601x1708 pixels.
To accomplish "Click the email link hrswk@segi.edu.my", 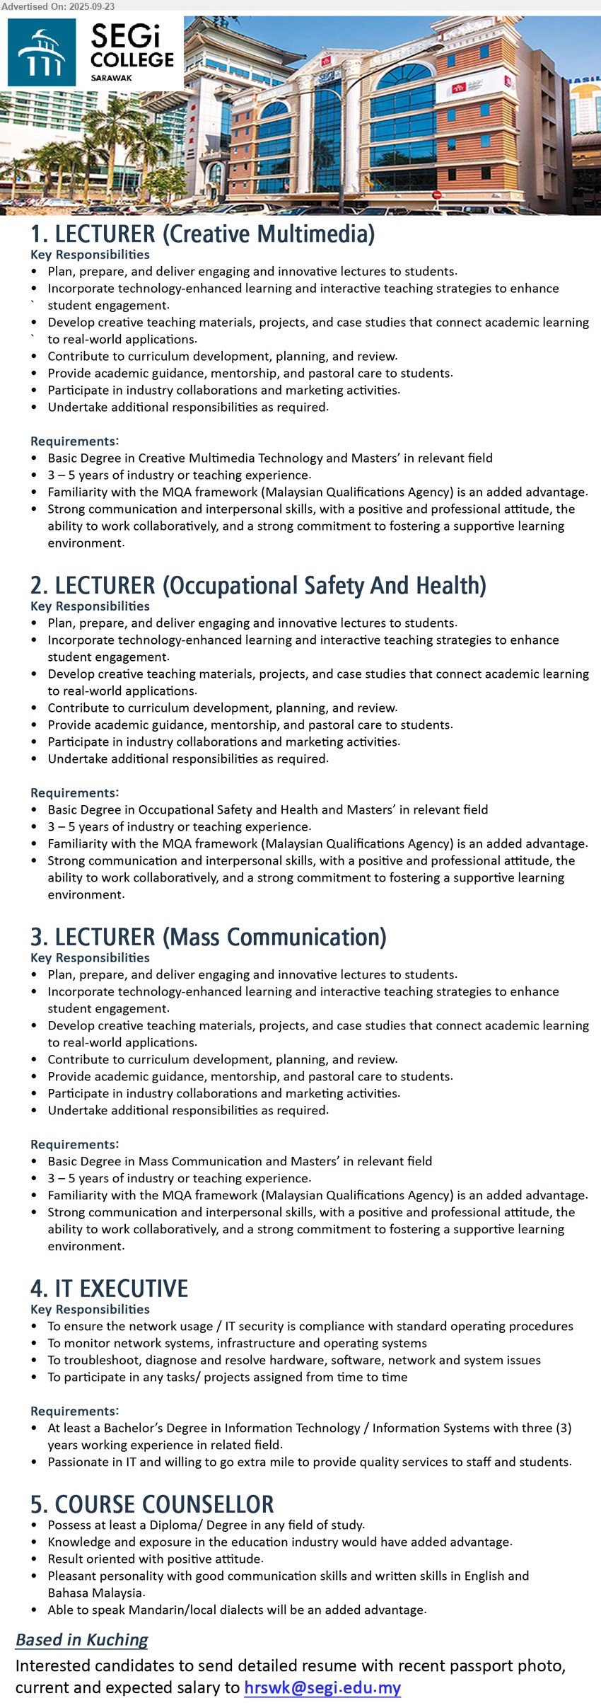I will click(322, 1687).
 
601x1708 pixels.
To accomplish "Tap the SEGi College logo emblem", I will click(42, 52).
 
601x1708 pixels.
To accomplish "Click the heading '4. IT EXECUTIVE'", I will click(109, 1288).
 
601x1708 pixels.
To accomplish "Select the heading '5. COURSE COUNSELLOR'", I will click(152, 1504).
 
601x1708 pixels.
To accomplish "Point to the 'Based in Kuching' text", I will click(82, 1639).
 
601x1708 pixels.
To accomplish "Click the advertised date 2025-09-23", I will click(90, 6).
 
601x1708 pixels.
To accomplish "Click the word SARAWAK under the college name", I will click(111, 78).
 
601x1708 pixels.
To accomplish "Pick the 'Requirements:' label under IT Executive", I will click(74, 1411).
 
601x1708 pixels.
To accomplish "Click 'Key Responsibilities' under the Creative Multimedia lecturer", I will click(90, 255).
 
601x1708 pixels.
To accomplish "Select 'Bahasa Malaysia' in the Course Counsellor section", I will click(95, 1593).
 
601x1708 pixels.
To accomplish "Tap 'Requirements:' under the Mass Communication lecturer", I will click(74, 1144).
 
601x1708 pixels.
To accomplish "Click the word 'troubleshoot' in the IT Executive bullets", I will click(98, 1360).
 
